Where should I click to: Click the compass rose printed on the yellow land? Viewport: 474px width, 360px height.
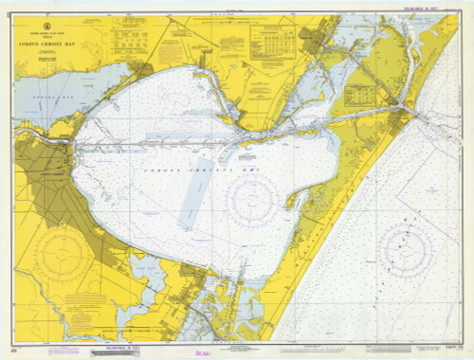64,254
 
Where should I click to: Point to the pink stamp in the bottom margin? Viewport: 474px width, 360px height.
202,351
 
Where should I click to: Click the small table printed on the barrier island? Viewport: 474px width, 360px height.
359,95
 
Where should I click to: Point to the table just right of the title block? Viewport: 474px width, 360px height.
127,38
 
